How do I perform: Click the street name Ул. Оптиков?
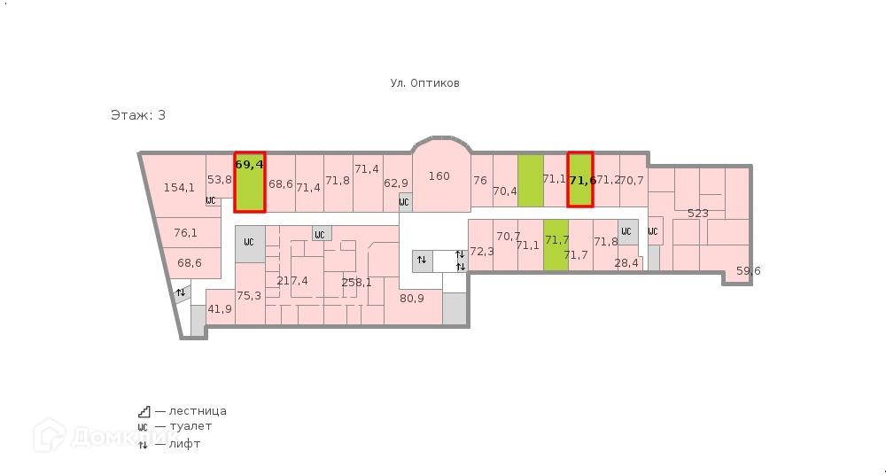pos(424,83)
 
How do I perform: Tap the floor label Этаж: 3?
pos(137,115)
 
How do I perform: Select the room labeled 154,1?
pos(179,187)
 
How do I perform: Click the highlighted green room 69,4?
pos(250,182)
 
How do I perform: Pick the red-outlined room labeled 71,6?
pos(580,181)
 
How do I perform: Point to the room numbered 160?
pos(439,176)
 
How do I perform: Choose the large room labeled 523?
pos(697,214)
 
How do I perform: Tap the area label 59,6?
pos(749,271)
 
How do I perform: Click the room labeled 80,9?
pos(412,299)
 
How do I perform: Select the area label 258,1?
pos(356,283)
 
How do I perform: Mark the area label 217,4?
pos(292,281)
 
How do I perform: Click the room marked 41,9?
pos(219,309)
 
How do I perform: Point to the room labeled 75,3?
pos(249,296)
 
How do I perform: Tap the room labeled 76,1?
pos(185,233)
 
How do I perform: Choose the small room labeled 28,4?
pos(626,263)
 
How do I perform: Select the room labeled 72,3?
pos(481,252)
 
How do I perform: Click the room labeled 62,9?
pos(396,183)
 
